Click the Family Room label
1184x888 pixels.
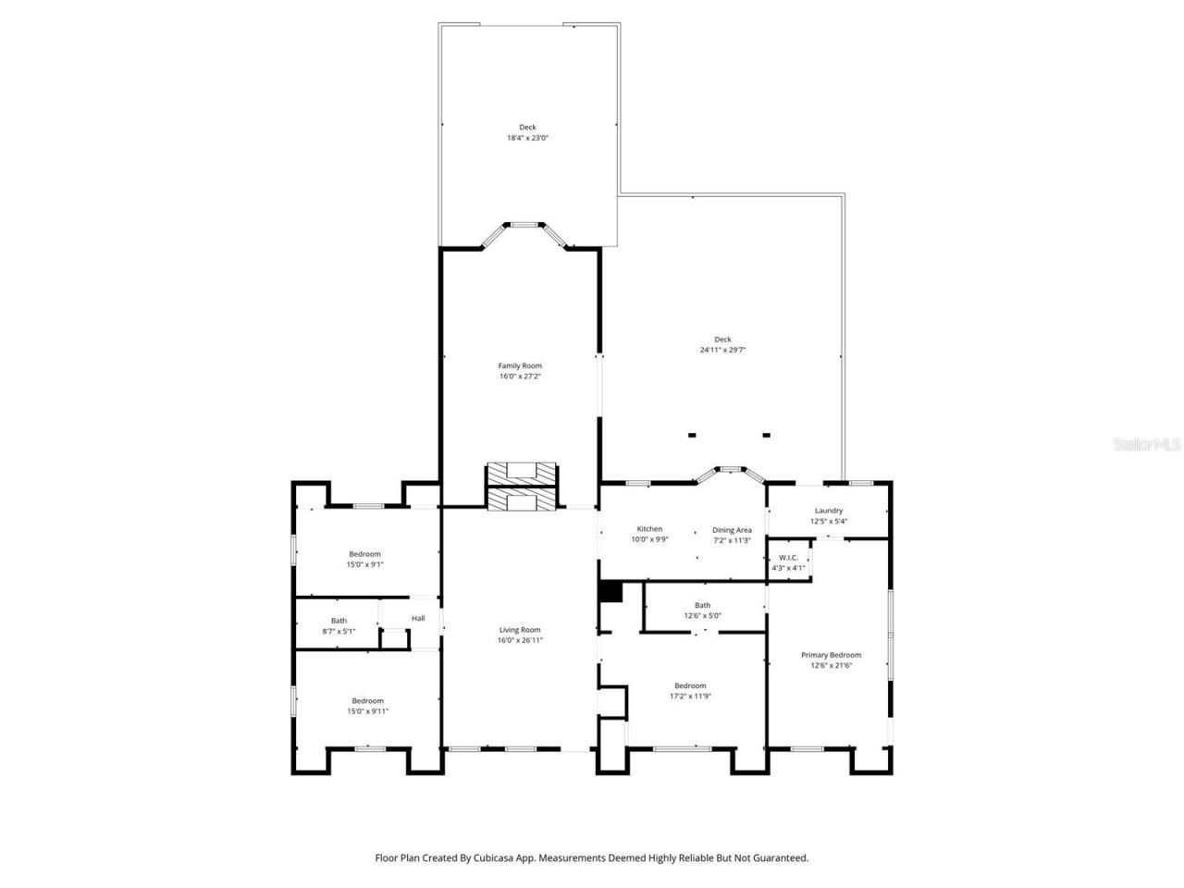point(520,365)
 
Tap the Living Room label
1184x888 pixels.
point(520,629)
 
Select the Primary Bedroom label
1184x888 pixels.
point(830,655)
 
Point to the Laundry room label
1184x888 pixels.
point(828,511)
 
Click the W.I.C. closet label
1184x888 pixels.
point(788,558)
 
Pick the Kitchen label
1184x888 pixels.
point(649,529)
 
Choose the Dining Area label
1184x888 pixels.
point(732,530)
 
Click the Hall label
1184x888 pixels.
point(418,618)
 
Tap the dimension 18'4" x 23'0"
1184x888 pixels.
point(527,138)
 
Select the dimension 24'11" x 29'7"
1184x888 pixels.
point(722,350)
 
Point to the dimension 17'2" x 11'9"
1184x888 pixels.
point(690,696)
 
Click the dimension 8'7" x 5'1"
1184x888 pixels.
point(339,631)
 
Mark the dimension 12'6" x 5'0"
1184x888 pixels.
point(703,615)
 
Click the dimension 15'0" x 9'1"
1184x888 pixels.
point(364,564)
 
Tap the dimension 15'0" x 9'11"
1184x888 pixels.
point(367,711)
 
